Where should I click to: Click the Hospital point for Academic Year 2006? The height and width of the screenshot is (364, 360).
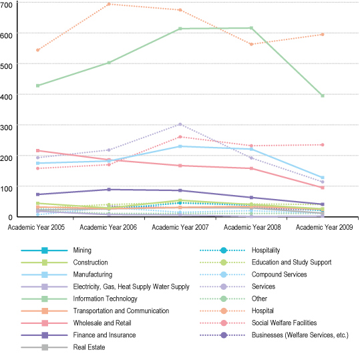[109, 4]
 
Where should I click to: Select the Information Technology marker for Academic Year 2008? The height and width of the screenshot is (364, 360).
[251, 28]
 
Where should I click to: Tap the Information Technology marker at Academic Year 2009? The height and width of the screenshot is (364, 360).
[323, 96]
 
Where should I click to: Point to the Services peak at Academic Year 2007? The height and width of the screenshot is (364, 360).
[180, 124]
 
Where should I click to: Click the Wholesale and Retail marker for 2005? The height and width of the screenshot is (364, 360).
[38, 151]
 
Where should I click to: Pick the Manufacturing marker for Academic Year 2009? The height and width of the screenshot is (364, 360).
[323, 178]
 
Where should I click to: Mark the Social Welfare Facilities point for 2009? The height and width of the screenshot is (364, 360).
[323, 145]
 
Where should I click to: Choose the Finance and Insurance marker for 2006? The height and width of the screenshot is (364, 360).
[109, 190]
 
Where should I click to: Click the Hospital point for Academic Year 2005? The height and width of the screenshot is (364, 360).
[38, 50]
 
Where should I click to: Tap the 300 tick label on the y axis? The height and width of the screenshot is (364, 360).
[6, 127]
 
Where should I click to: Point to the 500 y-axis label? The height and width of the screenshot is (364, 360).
[6, 66]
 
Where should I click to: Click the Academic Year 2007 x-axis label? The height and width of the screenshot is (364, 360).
[180, 227]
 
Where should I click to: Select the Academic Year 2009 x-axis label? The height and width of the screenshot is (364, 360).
[324, 227]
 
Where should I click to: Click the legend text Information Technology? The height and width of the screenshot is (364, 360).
[105, 299]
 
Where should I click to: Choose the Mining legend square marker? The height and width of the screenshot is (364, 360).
[45, 250]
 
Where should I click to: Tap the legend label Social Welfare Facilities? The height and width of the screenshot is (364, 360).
[284, 323]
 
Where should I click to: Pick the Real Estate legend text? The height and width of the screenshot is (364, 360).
[89, 347]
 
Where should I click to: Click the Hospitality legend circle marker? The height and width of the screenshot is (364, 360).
[224, 250]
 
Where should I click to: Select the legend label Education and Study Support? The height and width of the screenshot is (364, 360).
[291, 262]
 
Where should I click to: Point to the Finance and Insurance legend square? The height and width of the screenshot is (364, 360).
[45, 335]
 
